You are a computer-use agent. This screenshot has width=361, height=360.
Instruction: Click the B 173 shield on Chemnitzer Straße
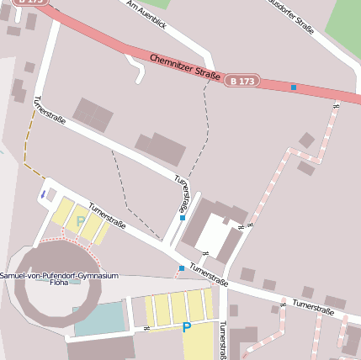(242, 81)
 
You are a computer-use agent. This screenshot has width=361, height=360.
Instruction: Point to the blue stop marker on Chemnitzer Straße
(294, 87)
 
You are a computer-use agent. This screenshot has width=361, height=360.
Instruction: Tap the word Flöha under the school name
(59, 284)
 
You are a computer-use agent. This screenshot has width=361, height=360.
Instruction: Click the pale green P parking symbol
(81, 222)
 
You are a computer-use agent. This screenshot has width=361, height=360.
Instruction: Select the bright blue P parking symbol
(187, 327)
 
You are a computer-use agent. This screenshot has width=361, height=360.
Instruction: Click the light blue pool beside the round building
(98, 320)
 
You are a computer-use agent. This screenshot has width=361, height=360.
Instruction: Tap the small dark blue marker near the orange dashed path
(42, 194)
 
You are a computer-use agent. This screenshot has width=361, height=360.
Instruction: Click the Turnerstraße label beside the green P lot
(107, 215)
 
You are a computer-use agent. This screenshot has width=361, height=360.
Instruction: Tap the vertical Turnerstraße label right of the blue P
(223, 340)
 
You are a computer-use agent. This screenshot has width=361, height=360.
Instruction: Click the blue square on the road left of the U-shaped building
(183, 218)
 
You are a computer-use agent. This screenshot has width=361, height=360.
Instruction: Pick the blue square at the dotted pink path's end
(181, 268)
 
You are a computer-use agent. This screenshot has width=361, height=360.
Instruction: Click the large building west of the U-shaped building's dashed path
(160, 149)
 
